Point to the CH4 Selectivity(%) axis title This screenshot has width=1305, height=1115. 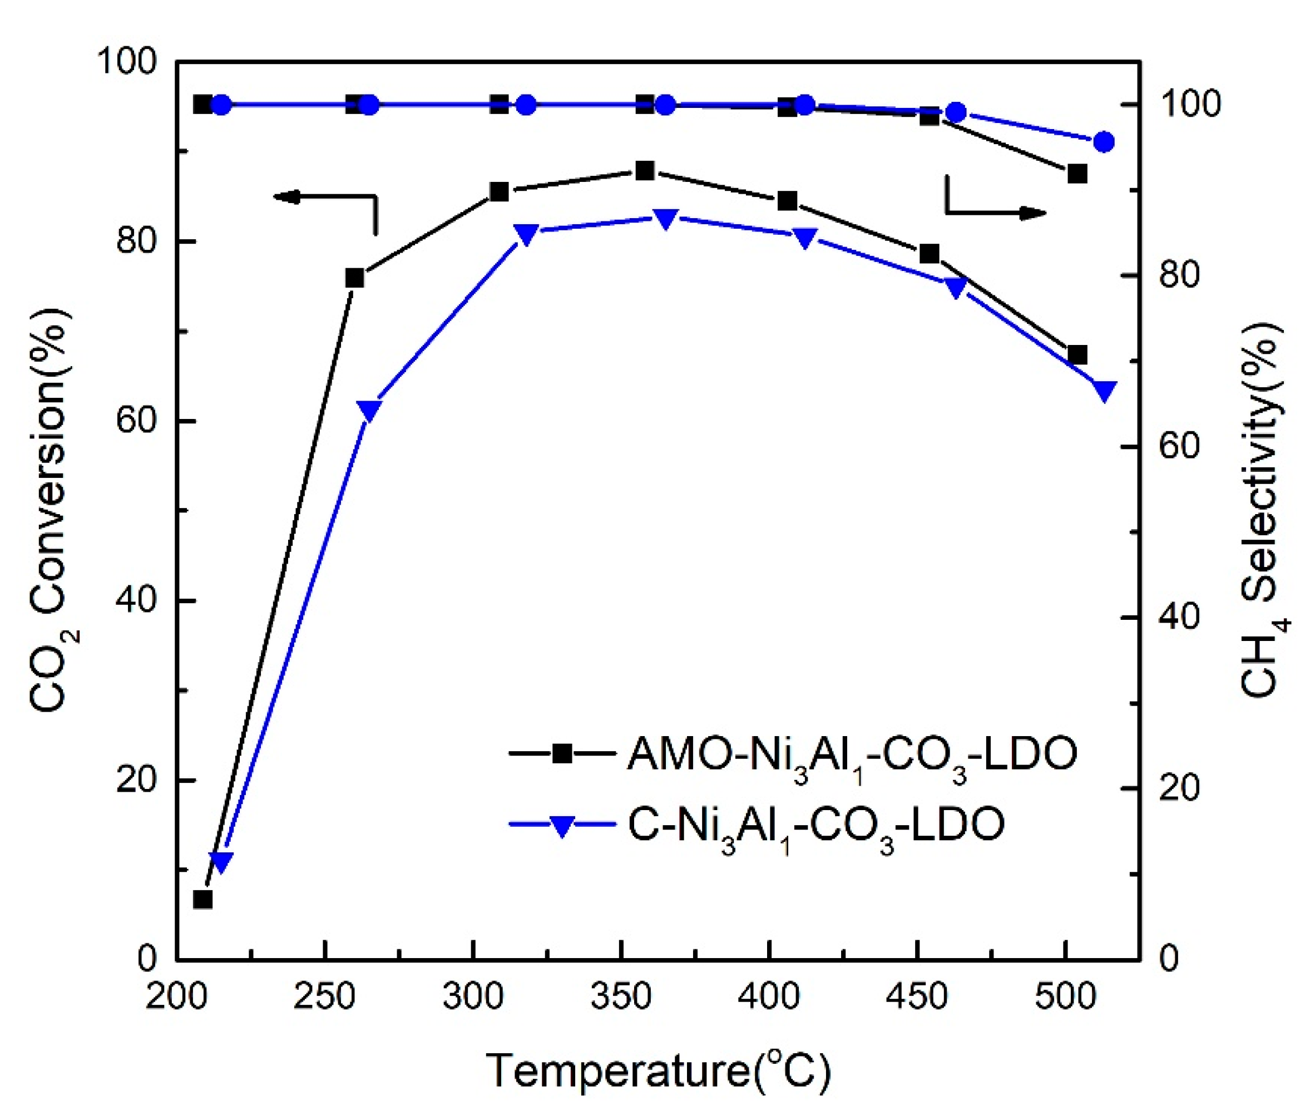(1259, 510)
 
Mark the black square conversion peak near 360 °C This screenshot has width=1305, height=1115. (644, 171)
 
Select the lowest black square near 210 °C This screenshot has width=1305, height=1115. (203, 900)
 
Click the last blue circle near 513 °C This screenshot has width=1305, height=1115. (1104, 142)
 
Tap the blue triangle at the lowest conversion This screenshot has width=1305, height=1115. (222, 861)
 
